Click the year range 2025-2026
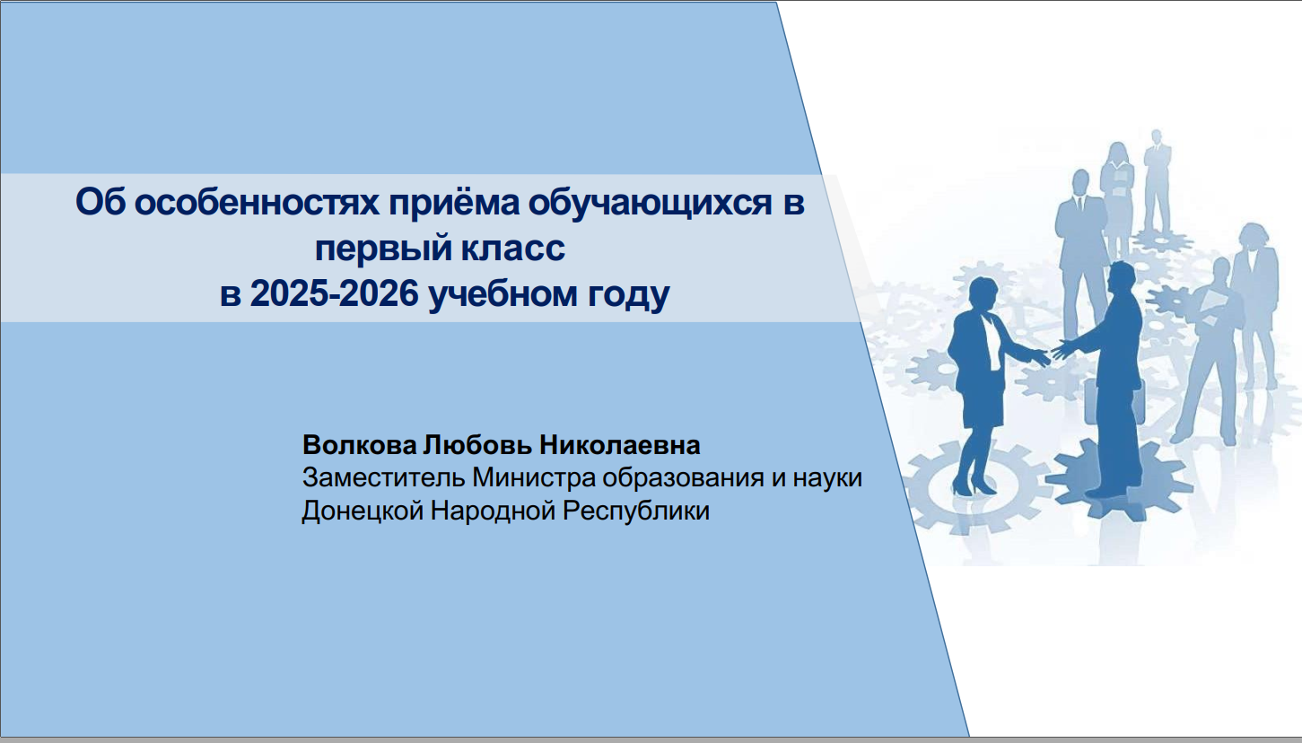334,293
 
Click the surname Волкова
359,445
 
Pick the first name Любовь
477,445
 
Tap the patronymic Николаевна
620,445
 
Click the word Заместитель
384,478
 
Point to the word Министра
534,479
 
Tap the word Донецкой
363,511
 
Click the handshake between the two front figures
1052,352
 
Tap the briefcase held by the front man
1114,400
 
